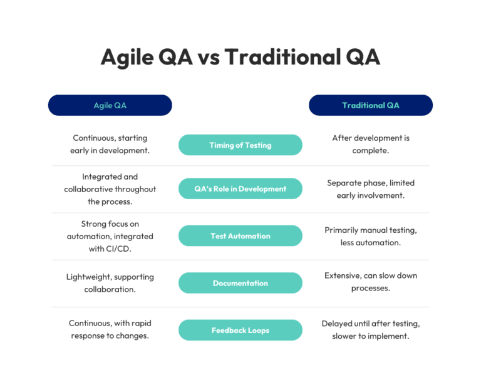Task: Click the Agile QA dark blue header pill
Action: [x=110, y=105]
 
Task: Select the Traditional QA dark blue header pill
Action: [x=370, y=105]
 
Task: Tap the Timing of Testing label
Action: [x=240, y=145]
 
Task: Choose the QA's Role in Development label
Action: [x=240, y=188]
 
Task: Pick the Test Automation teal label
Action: [x=240, y=236]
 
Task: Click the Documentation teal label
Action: [x=240, y=283]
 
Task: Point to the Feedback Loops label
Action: [x=240, y=330]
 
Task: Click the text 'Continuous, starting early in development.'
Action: [x=110, y=144]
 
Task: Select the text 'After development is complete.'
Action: [x=370, y=144]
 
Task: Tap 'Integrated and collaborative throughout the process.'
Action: [x=110, y=189]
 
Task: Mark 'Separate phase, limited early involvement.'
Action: [x=370, y=188]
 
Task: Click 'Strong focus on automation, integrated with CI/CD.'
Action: [x=110, y=236]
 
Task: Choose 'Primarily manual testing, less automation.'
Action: [x=370, y=236]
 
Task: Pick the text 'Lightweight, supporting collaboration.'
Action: [x=110, y=283]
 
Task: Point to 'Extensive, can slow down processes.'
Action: [x=370, y=282]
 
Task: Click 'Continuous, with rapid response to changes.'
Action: [x=110, y=329]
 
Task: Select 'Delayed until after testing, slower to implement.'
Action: [x=370, y=329]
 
